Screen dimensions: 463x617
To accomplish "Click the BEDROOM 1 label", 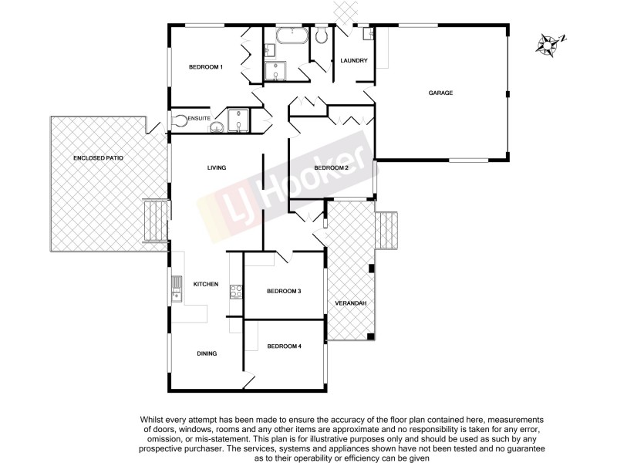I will tap(206, 67).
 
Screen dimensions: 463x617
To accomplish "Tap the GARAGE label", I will tap(440, 93).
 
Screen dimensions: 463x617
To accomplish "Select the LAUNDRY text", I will tap(353, 61).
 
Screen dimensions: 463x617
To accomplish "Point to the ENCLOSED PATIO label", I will tap(98, 157).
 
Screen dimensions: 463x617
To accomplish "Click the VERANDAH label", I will tap(350, 303).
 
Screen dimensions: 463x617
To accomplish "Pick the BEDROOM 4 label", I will tap(284, 346).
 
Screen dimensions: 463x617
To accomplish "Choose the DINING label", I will tap(207, 353).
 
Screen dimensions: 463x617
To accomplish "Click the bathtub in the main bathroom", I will tap(291, 35).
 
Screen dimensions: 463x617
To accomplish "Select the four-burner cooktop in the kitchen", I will tap(236, 291).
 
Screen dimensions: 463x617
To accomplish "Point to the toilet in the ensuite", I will tap(179, 120).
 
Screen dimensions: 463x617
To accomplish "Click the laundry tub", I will tap(368, 34).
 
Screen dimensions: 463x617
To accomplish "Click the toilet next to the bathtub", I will tap(322, 35).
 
